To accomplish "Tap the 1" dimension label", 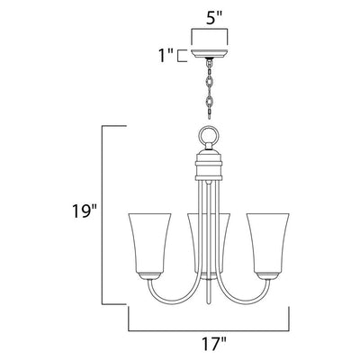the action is tap(166, 56).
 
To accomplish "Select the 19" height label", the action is tap(84, 211).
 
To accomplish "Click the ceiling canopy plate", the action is tap(210, 53).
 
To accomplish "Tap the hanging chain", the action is tap(210, 88).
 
